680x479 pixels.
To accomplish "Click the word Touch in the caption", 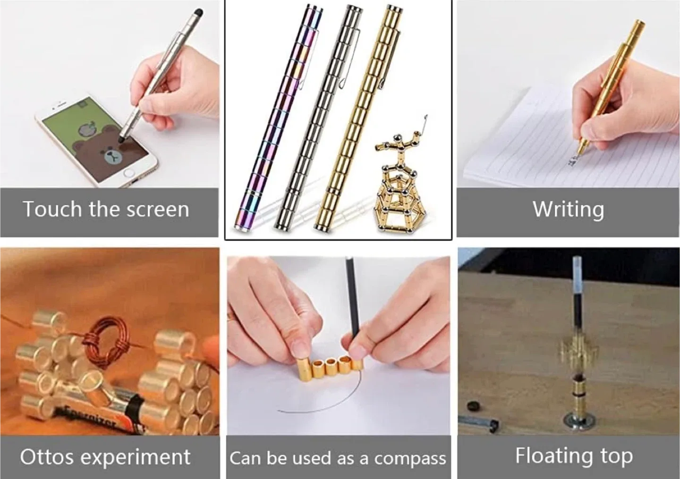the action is (x=52, y=209).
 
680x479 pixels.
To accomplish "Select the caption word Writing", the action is (x=568, y=210).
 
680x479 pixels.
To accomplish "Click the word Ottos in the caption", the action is (x=46, y=457).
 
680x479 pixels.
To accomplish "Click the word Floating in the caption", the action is (x=554, y=456).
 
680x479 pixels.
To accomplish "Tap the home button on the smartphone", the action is (x=129, y=174).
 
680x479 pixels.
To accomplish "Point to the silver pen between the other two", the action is (x=319, y=118).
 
